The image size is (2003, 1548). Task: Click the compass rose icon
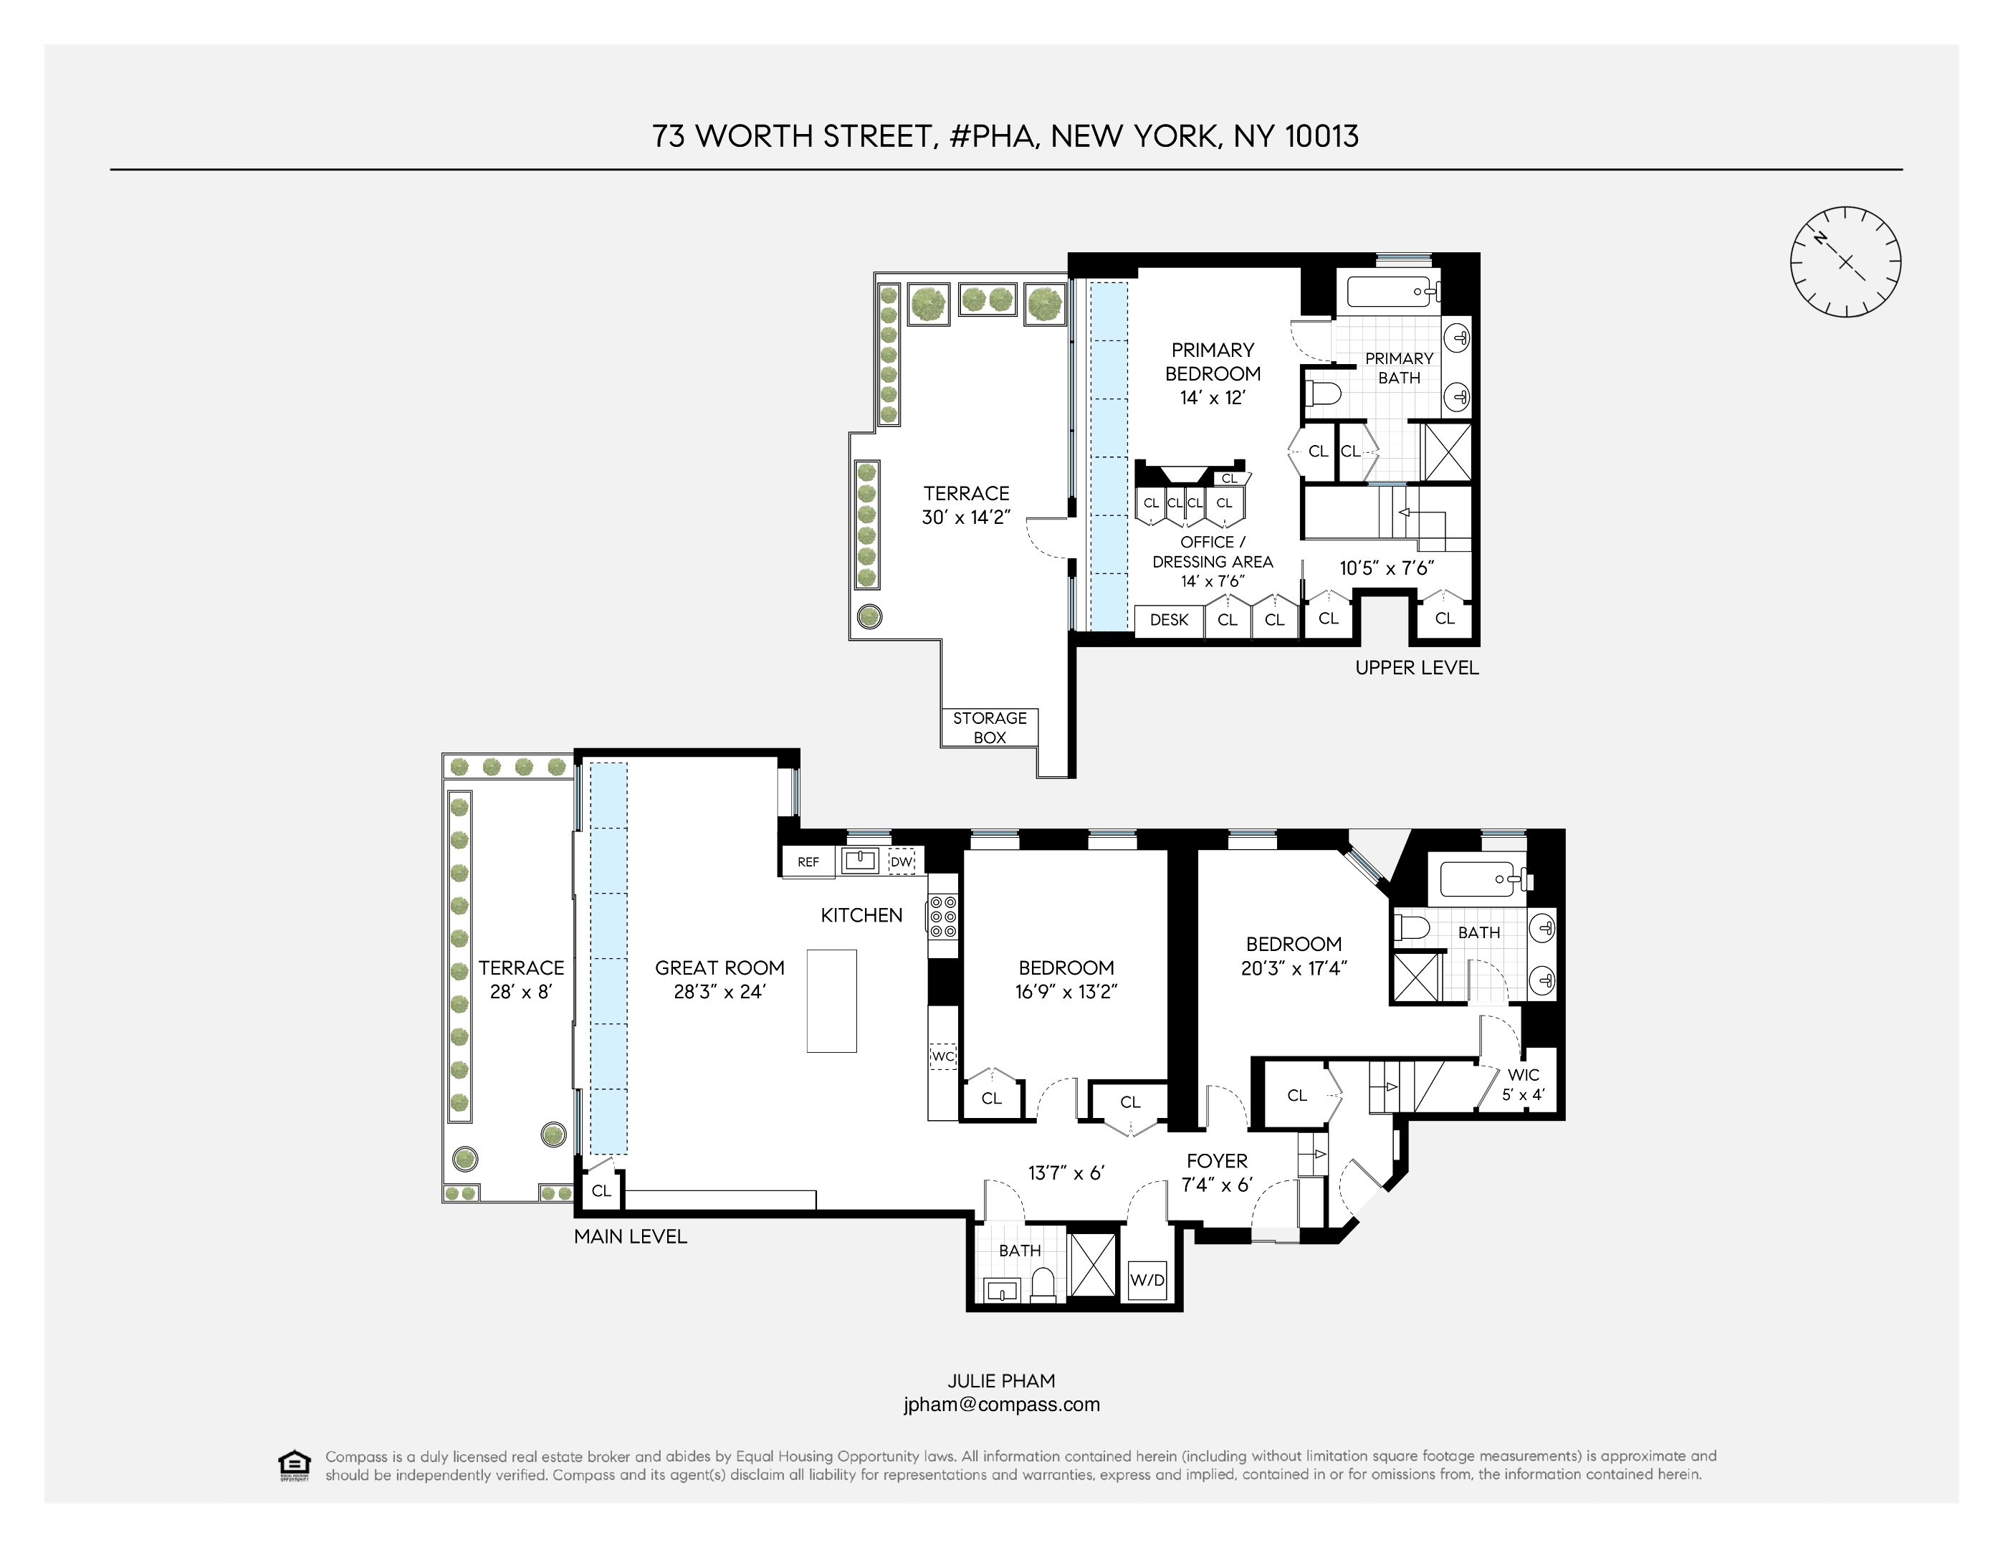pyautogui.click(x=1845, y=262)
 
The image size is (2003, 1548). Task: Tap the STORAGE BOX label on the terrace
pyautogui.click(x=990, y=727)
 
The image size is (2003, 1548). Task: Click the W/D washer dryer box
pyautogui.click(x=1147, y=1279)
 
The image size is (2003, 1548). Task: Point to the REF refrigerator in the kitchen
pyautogui.click(x=808, y=862)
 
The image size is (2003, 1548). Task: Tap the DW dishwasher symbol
pyautogui.click(x=902, y=862)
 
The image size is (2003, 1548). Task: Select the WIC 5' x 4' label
pyautogui.click(x=1522, y=1084)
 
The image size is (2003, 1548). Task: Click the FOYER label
pyautogui.click(x=1217, y=1161)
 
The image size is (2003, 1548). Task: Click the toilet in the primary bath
pyautogui.click(x=1324, y=394)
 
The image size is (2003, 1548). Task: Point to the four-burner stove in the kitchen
pyautogui.click(x=944, y=916)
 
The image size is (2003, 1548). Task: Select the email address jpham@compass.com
pyautogui.click(x=1002, y=1404)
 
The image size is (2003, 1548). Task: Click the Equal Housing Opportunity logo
pyautogui.click(x=294, y=1465)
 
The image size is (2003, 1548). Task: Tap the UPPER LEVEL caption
pyautogui.click(x=1416, y=668)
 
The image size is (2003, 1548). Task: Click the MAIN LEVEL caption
pyautogui.click(x=630, y=1236)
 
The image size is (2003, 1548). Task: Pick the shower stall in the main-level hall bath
pyautogui.click(x=1094, y=1267)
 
